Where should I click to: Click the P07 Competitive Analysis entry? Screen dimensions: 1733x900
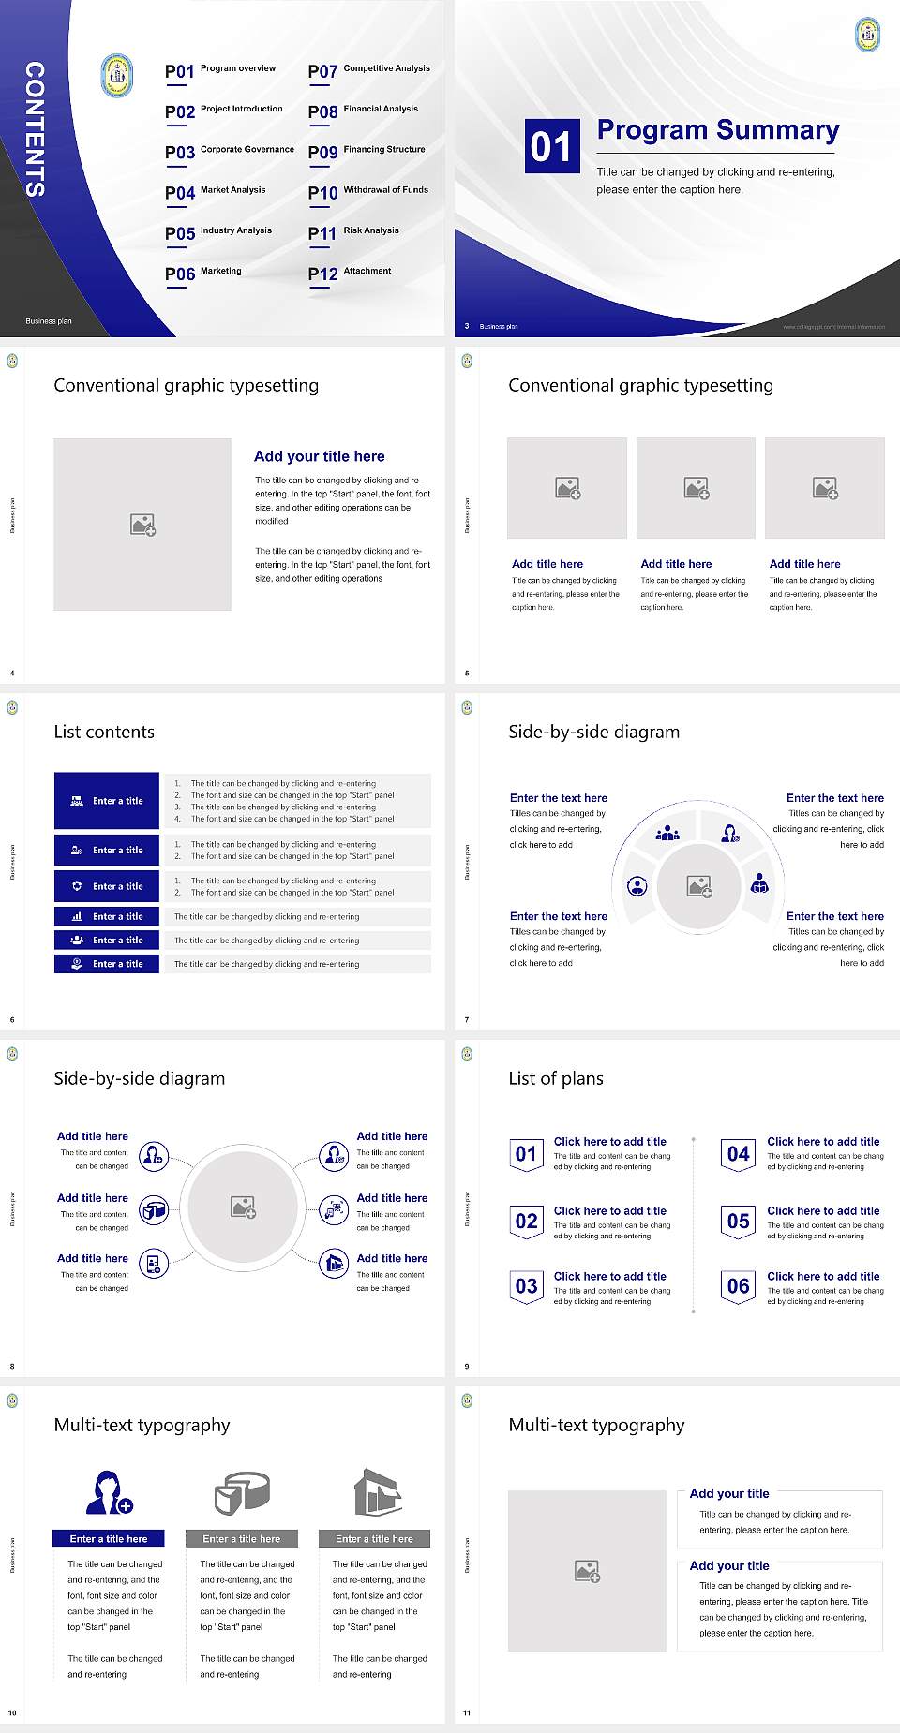(368, 70)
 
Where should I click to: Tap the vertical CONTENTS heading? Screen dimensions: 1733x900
(35, 129)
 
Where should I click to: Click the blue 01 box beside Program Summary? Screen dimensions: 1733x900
(551, 146)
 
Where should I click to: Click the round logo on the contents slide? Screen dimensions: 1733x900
(117, 76)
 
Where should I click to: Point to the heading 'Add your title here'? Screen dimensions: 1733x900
(319, 456)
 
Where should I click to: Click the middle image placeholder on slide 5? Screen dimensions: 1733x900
(696, 488)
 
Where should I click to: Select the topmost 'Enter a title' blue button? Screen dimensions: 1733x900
(107, 801)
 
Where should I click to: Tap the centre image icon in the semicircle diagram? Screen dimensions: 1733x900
(698, 886)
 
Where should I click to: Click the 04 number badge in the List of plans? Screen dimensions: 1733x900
(739, 1155)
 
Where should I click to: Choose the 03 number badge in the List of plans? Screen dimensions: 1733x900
(526, 1287)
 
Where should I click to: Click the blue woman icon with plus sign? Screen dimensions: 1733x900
(108, 1493)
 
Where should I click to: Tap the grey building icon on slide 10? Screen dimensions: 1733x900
(377, 1492)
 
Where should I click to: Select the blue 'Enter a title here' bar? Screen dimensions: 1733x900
(108, 1538)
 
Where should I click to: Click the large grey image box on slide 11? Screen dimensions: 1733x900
(587, 1571)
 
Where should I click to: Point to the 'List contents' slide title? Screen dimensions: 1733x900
(104, 732)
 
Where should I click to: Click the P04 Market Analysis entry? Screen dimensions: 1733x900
(216, 192)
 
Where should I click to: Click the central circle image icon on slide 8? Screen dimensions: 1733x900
(243, 1207)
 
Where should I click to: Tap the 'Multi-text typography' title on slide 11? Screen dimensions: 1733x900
(596, 1425)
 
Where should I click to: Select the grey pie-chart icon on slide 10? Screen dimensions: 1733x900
(242, 1492)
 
